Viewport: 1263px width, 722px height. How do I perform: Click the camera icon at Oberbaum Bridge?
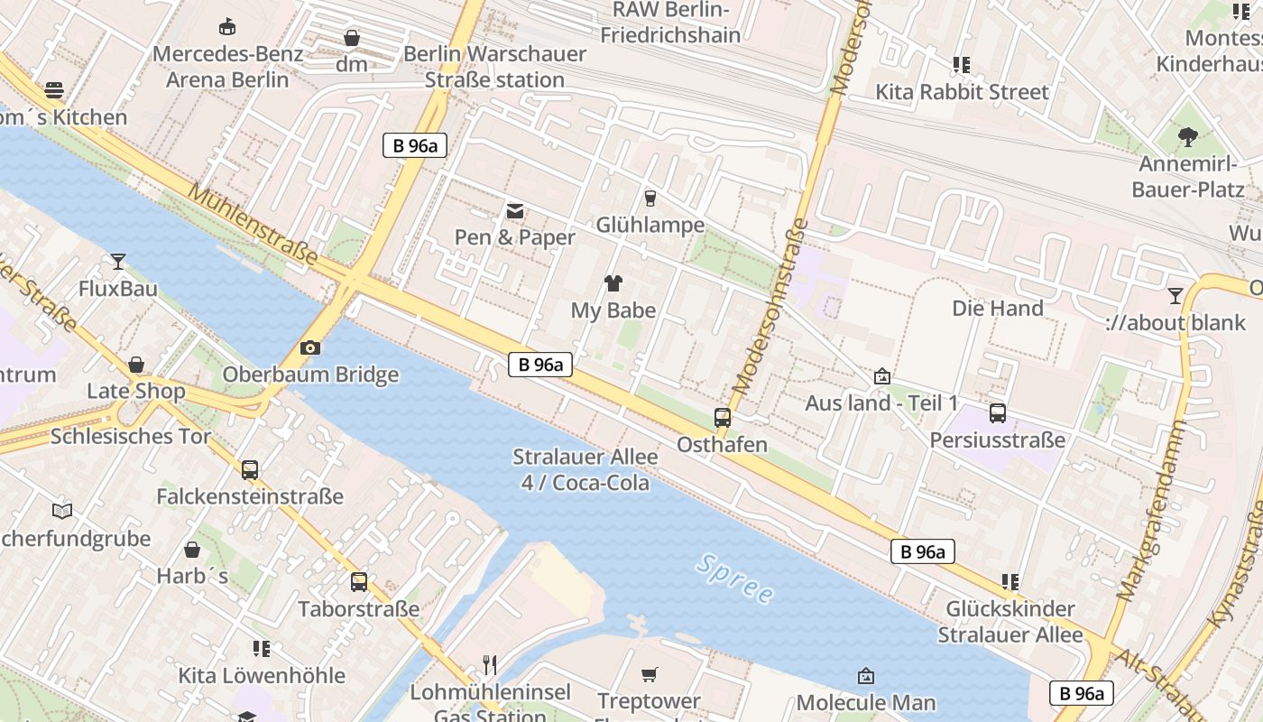pos(309,347)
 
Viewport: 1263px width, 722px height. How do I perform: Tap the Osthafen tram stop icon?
pos(722,417)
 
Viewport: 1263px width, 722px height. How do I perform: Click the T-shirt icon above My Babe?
pos(613,283)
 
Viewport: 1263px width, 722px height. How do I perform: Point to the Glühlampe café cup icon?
pos(650,198)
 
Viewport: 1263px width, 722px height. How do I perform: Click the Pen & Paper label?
pos(514,237)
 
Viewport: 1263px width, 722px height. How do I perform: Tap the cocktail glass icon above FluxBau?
pos(118,262)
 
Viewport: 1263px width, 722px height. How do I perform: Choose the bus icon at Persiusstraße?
pos(997,413)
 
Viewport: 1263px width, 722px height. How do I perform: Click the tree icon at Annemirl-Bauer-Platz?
pos(1188,137)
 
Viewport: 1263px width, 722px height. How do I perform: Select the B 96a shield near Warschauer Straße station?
pos(415,145)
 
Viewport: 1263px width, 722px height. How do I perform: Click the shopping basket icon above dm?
pos(352,38)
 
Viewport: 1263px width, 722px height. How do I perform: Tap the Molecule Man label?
pos(865,702)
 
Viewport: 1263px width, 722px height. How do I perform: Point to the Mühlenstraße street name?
pos(254,226)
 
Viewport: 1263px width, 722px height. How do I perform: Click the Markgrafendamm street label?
pos(1149,511)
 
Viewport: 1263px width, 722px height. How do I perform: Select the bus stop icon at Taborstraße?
pos(359,581)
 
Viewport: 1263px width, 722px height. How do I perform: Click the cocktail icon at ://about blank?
pos(1175,295)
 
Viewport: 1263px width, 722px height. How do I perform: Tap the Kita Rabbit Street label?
pos(962,92)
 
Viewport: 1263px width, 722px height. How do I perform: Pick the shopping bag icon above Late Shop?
pos(135,365)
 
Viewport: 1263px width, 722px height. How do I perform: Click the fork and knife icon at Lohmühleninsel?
pos(490,665)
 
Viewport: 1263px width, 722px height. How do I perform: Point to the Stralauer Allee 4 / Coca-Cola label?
pos(585,469)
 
